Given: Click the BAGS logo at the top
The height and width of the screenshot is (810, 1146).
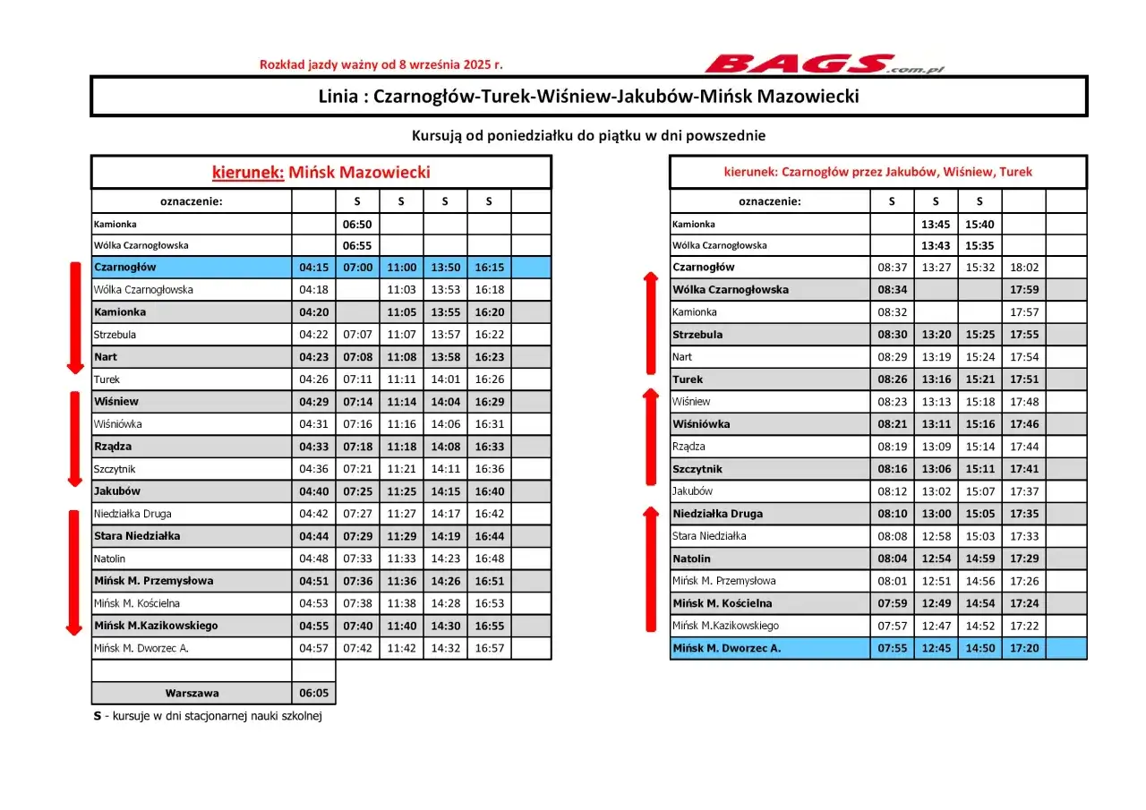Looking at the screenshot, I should [x=824, y=64].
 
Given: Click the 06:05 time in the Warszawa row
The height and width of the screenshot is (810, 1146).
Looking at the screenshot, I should [x=313, y=693].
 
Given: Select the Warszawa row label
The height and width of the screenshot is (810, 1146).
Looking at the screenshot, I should [x=192, y=693].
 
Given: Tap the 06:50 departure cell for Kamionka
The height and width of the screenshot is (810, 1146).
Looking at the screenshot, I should [x=357, y=224].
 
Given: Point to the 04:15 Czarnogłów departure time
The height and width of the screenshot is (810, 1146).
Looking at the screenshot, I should [x=313, y=267].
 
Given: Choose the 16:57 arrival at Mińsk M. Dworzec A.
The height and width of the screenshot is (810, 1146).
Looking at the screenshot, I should [x=489, y=648].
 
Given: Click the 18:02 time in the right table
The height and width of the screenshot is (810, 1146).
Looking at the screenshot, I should [x=1023, y=267].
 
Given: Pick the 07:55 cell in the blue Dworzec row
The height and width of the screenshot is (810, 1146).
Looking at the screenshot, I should [x=892, y=648].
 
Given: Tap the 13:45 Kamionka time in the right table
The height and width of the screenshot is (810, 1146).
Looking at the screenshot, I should [x=936, y=224].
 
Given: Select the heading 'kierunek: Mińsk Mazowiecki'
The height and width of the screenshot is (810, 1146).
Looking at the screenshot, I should [x=321, y=172].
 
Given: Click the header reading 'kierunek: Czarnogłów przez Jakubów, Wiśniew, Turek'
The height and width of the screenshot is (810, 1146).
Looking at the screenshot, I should [x=877, y=172].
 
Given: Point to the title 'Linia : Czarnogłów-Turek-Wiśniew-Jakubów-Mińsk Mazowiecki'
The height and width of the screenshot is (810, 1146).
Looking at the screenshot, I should [x=588, y=96].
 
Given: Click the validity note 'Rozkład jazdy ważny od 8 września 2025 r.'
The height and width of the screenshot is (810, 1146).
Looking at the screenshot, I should [x=381, y=64].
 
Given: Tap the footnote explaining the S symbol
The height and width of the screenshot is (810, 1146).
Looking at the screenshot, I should [x=207, y=716].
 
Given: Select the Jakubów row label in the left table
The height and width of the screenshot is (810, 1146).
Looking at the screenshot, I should [x=117, y=491].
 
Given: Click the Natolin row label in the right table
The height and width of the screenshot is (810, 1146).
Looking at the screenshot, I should [x=691, y=558].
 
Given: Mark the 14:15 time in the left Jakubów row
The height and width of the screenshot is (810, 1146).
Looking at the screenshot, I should [x=445, y=491].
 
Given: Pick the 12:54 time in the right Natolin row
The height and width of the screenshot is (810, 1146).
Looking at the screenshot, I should [x=936, y=558].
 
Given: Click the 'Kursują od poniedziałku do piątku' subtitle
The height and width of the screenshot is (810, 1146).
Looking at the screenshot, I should [x=588, y=136].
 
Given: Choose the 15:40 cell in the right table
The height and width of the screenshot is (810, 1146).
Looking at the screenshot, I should [x=979, y=224].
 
